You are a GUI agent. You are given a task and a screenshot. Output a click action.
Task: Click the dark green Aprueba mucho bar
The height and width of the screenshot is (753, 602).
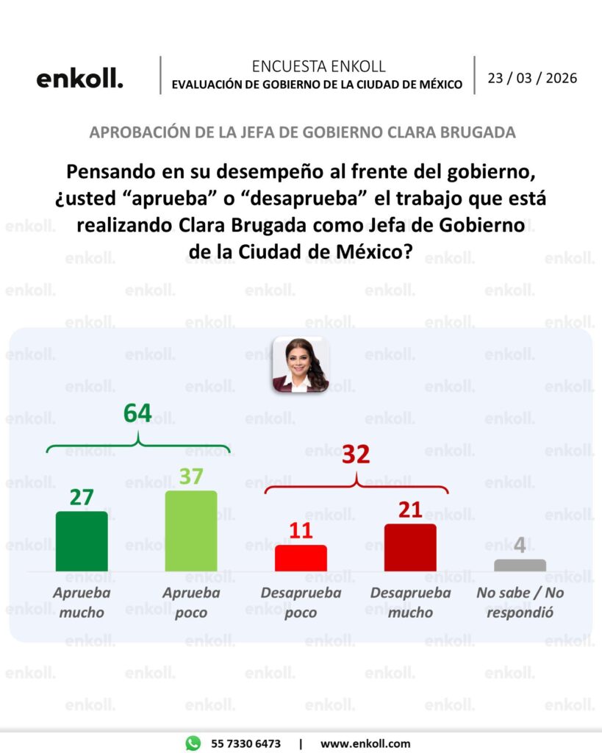point(82,541)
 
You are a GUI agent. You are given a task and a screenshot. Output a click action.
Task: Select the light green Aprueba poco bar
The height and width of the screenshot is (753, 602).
point(191,531)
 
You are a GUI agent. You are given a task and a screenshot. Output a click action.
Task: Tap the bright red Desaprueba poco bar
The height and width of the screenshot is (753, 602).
point(301,558)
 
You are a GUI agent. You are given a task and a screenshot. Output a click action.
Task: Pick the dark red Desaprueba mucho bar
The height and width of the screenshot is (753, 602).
point(410,548)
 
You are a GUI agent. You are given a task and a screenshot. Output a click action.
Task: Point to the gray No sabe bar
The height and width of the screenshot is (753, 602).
point(520,565)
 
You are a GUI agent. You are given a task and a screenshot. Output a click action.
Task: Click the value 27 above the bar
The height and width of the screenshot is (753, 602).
point(82,498)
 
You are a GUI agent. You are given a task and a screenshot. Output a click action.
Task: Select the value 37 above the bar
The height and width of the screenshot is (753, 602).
point(191,477)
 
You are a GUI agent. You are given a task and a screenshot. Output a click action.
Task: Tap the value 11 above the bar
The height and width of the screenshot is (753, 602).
point(301,531)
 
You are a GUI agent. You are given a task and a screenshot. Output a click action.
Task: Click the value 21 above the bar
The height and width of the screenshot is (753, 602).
point(410,510)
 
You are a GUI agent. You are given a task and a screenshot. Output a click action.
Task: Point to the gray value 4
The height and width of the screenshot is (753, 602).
point(520,546)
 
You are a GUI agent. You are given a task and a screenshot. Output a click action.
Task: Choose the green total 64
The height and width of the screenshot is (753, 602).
point(137,413)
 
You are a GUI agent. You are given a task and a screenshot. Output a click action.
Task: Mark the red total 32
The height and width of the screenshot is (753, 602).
point(356,454)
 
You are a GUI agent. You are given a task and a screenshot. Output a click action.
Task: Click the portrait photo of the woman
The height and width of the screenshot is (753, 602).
point(300,365)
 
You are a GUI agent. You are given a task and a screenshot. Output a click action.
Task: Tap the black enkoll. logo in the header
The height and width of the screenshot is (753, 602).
point(79,79)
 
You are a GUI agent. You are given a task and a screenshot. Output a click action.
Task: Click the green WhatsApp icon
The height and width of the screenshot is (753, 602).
point(193,743)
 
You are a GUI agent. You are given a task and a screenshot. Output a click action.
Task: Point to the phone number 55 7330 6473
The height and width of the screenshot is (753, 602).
point(246,743)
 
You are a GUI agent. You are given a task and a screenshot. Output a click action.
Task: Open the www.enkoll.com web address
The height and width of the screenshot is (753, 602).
point(365,743)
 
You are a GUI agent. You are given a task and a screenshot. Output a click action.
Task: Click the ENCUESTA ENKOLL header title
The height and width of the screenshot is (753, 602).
point(318,66)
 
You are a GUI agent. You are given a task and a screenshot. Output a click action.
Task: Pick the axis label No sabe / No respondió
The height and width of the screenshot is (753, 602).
point(520,602)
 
